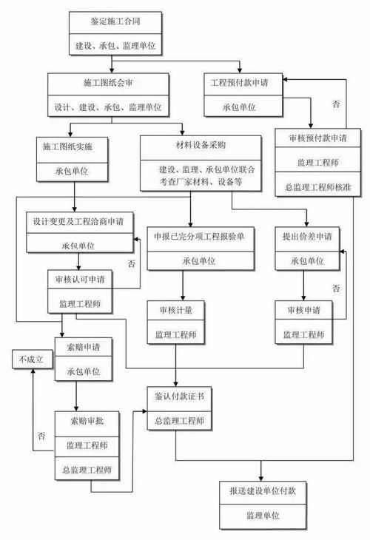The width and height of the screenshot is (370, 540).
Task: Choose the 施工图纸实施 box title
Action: pyautogui.click(x=74, y=146)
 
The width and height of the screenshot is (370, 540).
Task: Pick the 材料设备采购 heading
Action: pyautogui.click(x=200, y=144)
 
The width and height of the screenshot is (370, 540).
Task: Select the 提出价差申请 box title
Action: pyautogui.click(x=307, y=237)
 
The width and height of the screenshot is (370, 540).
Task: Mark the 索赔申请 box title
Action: pyautogui.click(x=86, y=345)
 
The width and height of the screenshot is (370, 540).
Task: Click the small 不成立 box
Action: pyautogui.click(x=27, y=360)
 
